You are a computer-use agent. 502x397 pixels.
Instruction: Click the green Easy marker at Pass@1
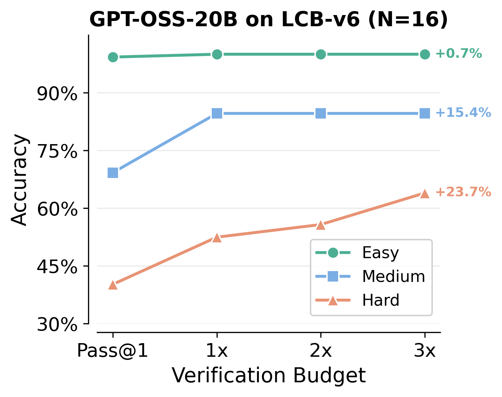pyautogui.click(x=113, y=57)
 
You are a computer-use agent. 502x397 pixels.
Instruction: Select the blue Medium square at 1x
pyautogui.click(x=217, y=114)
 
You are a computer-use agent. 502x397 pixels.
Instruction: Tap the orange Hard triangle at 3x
pyautogui.click(x=424, y=194)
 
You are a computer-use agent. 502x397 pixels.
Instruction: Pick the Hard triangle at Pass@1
pyautogui.click(x=113, y=285)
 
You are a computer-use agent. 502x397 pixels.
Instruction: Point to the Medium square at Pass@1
pyautogui.click(x=113, y=172)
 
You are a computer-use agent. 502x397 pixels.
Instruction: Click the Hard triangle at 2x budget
pyautogui.click(x=321, y=225)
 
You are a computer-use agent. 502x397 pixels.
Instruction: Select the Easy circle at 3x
pyautogui.click(x=424, y=54)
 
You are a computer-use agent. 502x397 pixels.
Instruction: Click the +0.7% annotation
pyautogui.click(x=458, y=54)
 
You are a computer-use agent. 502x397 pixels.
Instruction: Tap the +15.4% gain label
pyautogui.click(x=463, y=113)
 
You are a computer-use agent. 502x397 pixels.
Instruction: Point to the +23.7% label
pyautogui.click(x=463, y=192)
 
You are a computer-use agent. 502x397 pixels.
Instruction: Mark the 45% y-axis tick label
pyautogui.click(x=57, y=267)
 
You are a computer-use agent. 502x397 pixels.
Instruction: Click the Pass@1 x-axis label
pyautogui.click(x=113, y=351)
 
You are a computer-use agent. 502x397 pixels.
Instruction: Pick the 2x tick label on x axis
pyautogui.click(x=321, y=351)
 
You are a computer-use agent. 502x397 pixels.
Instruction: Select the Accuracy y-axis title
pyautogui.click(x=19, y=180)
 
